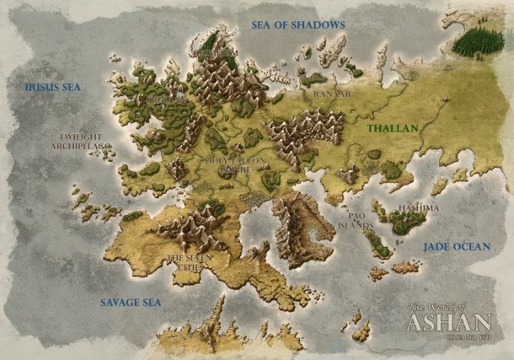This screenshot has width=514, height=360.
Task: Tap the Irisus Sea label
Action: click(x=54, y=87)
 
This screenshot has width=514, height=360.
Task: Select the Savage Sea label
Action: click(x=131, y=302)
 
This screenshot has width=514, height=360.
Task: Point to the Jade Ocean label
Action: click(x=457, y=246)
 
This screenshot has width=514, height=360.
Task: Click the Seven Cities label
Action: click(x=188, y=262)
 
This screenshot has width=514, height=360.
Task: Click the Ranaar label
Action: click(x=331, y=94)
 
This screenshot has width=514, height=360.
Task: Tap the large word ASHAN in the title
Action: click(x=448, y=322)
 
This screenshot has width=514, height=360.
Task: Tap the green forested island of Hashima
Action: click(x=406, y=223)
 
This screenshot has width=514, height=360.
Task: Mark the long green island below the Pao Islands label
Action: click(x=377, y=245)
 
